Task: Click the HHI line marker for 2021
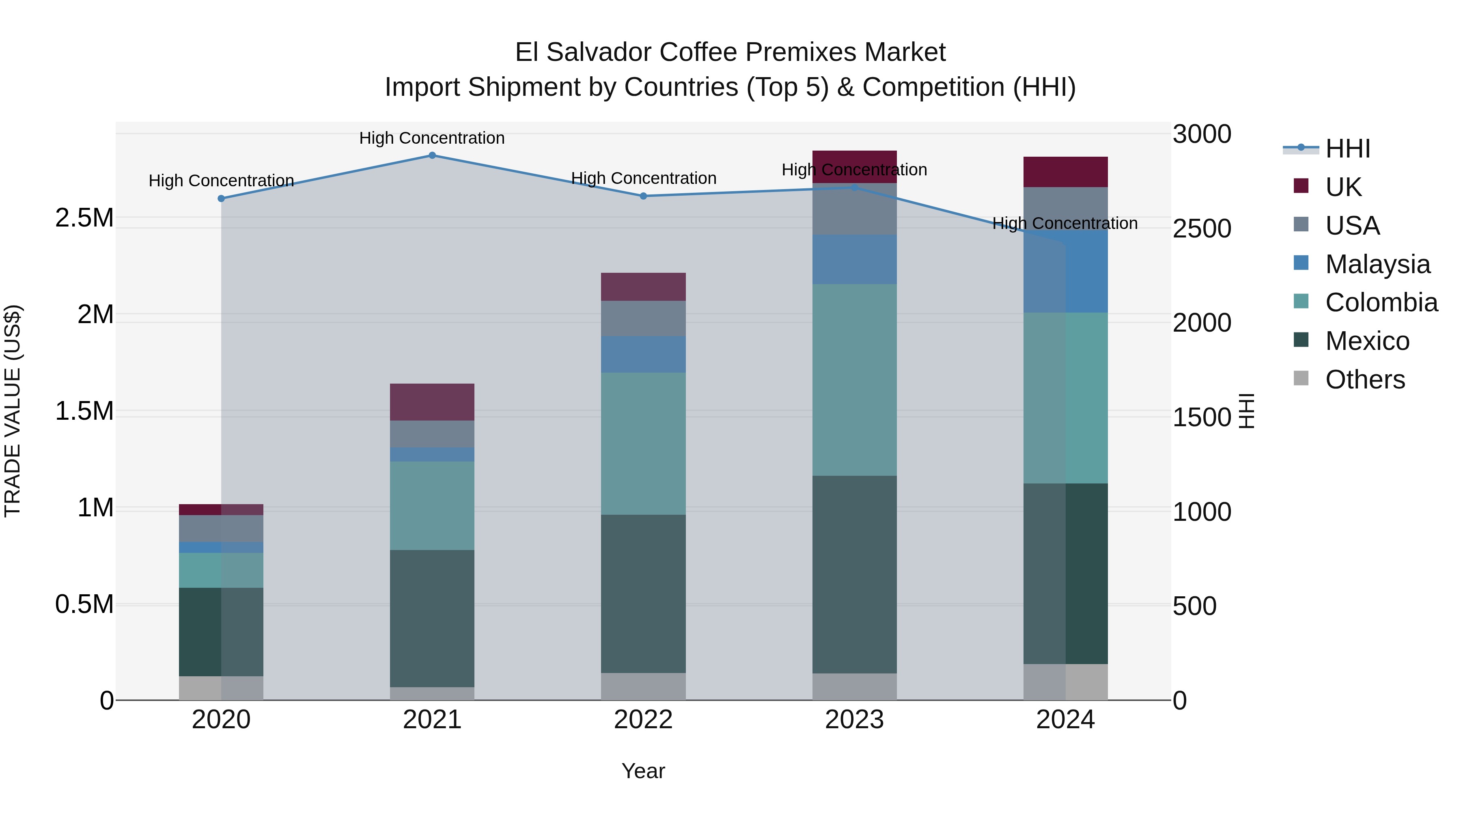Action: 432,155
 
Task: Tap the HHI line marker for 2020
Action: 221,198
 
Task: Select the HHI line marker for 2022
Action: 643,196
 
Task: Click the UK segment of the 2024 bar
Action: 1065,172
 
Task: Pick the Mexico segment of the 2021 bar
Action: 432,618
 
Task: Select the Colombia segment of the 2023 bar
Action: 854,380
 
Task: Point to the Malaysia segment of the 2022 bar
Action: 643,354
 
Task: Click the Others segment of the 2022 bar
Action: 643,686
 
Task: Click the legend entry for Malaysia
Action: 1377,264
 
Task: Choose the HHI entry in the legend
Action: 1347,149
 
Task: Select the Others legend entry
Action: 1364,380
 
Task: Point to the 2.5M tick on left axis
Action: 84,218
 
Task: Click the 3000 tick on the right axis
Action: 1201,134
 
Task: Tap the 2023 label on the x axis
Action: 854,720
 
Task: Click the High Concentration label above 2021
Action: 432,138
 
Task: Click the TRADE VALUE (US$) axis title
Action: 13,411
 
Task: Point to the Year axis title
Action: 643,771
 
